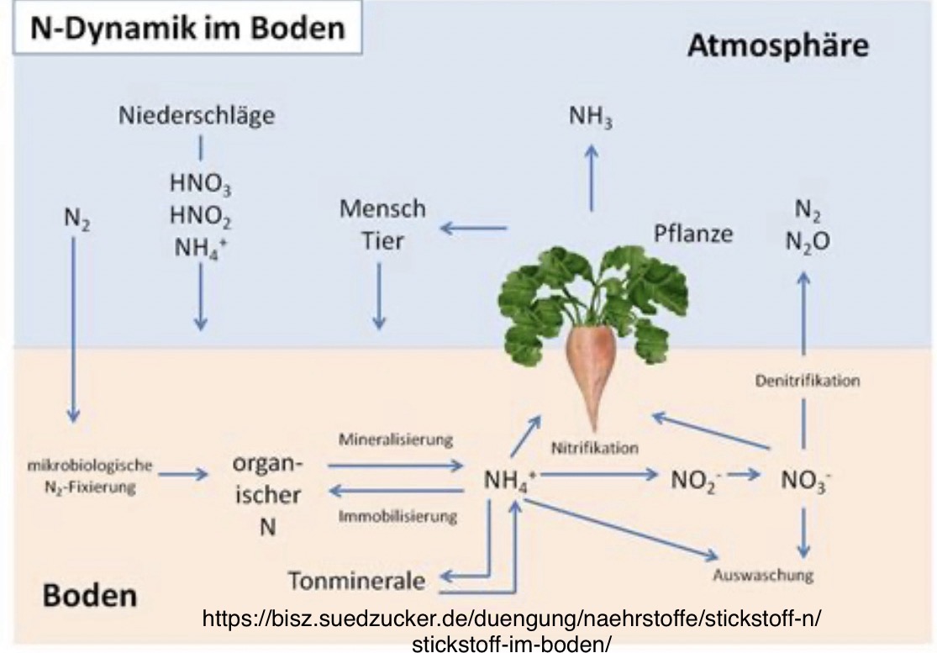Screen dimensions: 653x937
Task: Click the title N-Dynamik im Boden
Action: tap(188, 29)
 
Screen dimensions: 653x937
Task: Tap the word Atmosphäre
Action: tap(777, 45)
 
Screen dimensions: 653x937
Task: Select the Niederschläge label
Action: tap(197, 116)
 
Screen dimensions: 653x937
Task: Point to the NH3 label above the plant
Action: tap(591, 119)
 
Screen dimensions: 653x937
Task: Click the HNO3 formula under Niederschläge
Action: tap(200, 184)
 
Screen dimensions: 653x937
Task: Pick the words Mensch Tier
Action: tap(382, 224)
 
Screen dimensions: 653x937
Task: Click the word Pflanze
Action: tap(693, 233)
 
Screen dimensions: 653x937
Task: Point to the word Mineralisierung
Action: tap(396, 440)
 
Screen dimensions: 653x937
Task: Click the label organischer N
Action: tap(268, 496)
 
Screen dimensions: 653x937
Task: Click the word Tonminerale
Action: tap(356, 581)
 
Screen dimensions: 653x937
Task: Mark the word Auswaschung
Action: tap(763, 576)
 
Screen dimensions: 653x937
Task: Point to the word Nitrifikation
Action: tap(595, 448)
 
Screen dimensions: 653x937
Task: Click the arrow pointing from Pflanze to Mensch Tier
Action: tap(475, 227)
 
